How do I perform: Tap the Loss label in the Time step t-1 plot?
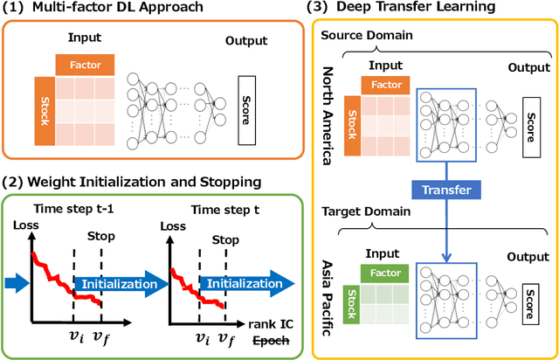click(x=24, y=226)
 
